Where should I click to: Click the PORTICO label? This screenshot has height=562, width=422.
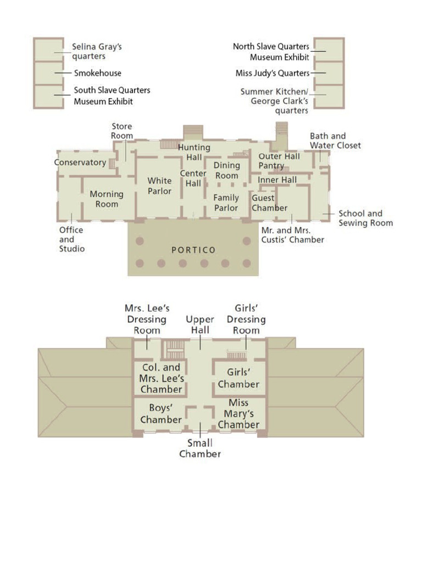pyautogui.click(x=193, y=250)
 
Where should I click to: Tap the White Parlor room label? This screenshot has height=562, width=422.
pyautogui.click(x=159, y=186)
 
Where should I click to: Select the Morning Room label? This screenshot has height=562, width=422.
pyautogui.click(x=107, y=199)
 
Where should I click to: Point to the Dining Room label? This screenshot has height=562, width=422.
pyautogui.click(x=227, y=170)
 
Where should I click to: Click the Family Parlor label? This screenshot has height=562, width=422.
pyautogui.click(x=226, y=203)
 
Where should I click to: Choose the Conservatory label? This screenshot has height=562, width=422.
pyautogui.click(x=80, y=162)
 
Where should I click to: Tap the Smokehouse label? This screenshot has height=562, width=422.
pyautogui.click(x=98, y=73)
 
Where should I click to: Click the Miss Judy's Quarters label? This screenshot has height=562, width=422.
pyautogui.click(x=273, y=73)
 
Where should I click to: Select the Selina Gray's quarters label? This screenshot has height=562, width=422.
pyautogui.click(x=97, y=52)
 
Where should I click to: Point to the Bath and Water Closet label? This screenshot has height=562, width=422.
pyautogui.click(x=335, y=140)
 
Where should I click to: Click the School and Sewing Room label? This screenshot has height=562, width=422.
pyautogui.click(x=365, y=218)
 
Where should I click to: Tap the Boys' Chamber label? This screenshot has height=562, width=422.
pyautogui.click(x=161, y=414)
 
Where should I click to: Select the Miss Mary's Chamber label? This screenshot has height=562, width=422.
pyautogui.click(x=238, y=414)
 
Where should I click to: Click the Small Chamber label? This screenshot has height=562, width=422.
pyautogui.click(x=200, y=448)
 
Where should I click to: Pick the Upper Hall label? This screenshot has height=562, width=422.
pyautogui.click(x=200, y=324)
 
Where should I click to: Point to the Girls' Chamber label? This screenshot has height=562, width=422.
pyautogui.click(x=238, y=378)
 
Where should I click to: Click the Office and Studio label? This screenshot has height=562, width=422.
pyautogui.click(x=71, y=239)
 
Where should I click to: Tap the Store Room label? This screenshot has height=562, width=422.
pyautogui.click(x=122, y=131)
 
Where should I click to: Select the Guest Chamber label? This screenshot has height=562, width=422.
pyautogui.click(x=269, y=203)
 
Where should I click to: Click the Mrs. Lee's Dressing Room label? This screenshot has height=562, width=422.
pyautogui.click(x=147, y=319)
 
